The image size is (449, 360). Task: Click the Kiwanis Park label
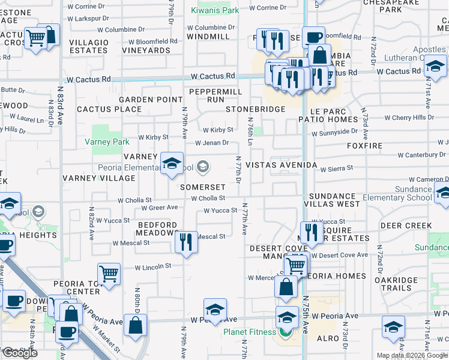pyautogui.click(x=215, y=10)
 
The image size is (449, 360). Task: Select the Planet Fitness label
pyautogui.click(x=250, y=332)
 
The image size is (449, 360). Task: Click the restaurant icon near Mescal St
pyautogui.click(x=186, y=241)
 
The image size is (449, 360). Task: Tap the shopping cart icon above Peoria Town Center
pyautogui.click(x=109, y=274)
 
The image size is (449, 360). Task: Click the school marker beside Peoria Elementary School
pyautogui.click(x=172, y=163)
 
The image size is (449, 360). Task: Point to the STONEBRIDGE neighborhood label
pyautogui.click(x=255, y=110)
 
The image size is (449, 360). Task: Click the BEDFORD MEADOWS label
pyautogui.click(x=157, y=229)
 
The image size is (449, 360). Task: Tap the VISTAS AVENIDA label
pyautogui.click(x=281, y=165)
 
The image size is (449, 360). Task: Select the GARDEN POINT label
pyautogui.click(x=150, y=100)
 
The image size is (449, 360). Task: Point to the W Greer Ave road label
pyautogui.click(x=159, y=208)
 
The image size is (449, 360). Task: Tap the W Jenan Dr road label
pyautogui.click(x=212, y=143)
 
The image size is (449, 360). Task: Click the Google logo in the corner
pyautogui.click(x=20, y=353)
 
